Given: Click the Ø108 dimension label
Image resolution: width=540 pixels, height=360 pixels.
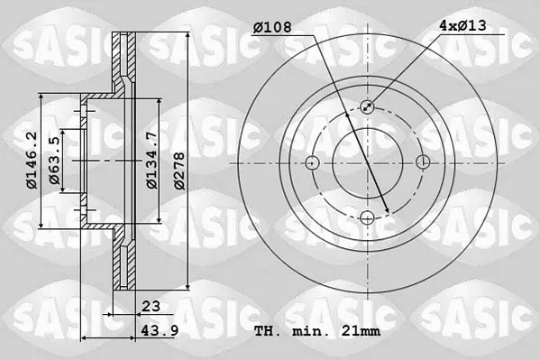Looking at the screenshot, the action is click(x=272, y=27).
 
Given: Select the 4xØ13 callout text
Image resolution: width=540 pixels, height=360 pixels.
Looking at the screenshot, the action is click(x=462, y=25).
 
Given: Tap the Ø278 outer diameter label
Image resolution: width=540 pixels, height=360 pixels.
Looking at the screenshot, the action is click(x=179, y=171).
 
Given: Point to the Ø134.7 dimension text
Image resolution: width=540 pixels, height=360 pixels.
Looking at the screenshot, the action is click(x=151, y=161).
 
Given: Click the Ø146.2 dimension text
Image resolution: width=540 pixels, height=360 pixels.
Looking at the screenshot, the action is click(x=32, y=161).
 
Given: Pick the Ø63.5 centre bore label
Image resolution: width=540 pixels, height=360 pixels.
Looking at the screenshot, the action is click(x=54, y=161).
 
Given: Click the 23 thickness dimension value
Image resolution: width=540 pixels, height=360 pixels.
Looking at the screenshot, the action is click(x=151, y=306).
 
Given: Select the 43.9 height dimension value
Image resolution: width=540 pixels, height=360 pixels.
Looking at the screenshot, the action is click(x=160, y=331).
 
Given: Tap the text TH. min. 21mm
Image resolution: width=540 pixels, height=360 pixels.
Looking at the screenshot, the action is click(x=317, y=331).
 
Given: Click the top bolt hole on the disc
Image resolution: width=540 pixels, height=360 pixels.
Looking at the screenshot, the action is click(x=367, y=106).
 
